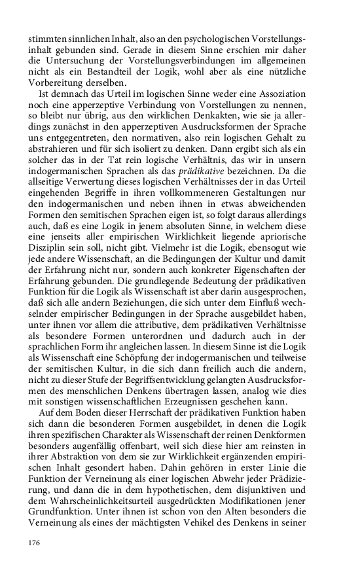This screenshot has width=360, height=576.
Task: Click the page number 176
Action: [35, 543]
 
